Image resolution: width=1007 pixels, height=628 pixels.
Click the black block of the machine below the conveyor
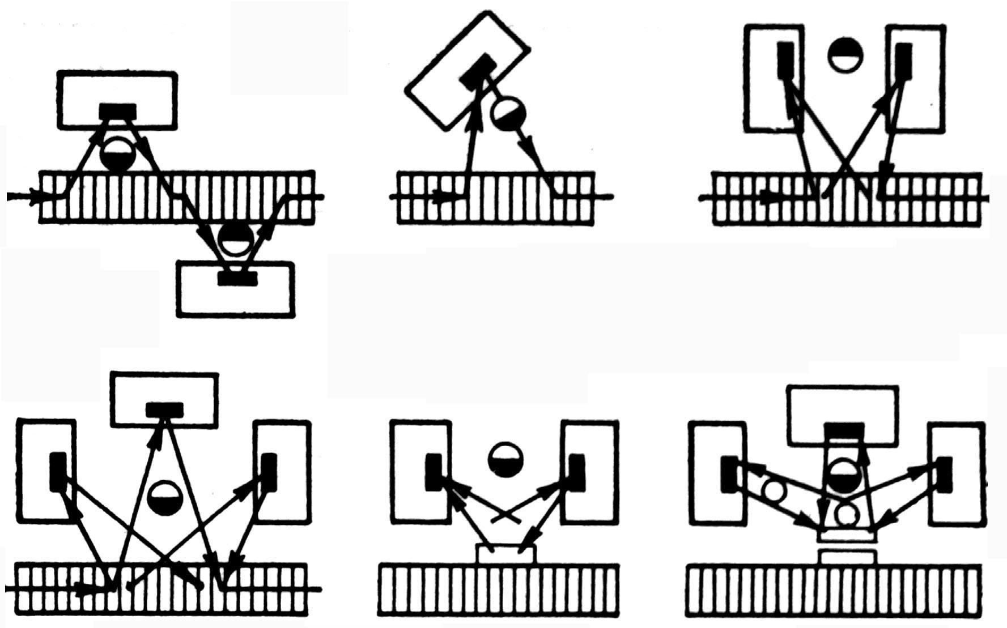point(237,279)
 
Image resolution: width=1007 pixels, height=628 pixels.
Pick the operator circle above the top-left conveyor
point(118,155)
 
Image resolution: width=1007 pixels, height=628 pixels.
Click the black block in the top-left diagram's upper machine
point(118,111)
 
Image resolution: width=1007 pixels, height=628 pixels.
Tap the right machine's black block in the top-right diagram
point(904,59)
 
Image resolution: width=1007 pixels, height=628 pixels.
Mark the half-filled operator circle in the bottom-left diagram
point(164,497)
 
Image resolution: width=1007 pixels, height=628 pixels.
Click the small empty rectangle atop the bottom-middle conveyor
point(506,553)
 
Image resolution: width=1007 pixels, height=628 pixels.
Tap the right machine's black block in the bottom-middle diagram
point(576,472)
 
